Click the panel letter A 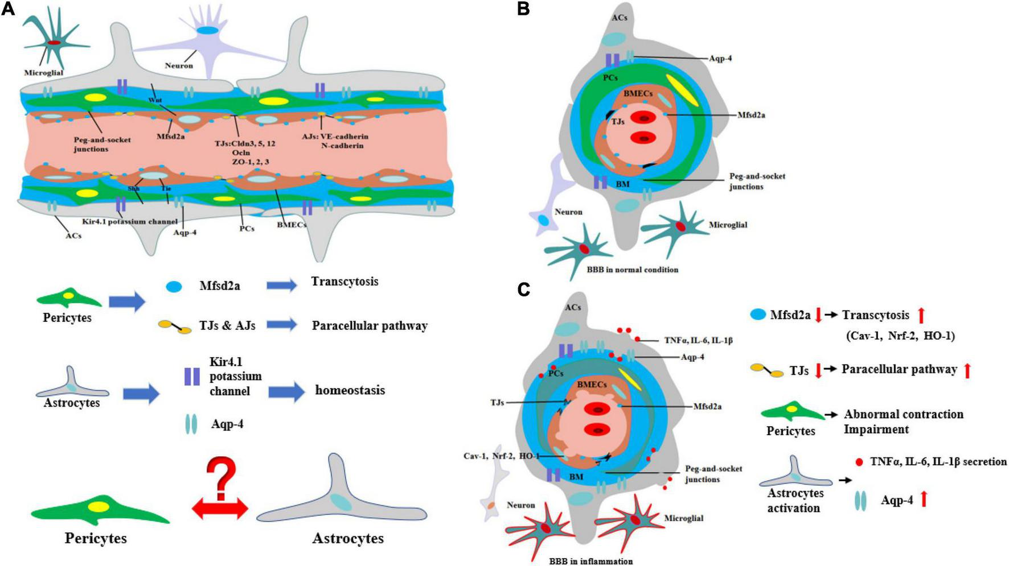click(7, 10)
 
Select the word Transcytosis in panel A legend click(344, 282)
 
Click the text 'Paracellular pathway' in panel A click(370, 326)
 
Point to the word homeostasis click(350, 390)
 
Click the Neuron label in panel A click(179, 65)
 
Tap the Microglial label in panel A click(43, 73)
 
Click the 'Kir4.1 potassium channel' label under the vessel click(130, 221)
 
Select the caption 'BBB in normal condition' click(632, 270)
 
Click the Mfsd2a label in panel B click(751, 115)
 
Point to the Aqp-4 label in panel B click(720, 58)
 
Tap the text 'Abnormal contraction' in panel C click(904, 414)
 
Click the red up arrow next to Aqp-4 click(924, 499)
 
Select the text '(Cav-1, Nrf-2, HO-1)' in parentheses click(900, 336)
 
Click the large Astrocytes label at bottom click(348, 538)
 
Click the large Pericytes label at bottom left click(96, 538)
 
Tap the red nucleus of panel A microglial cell click(54, 43)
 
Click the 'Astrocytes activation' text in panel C click(795, 500)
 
